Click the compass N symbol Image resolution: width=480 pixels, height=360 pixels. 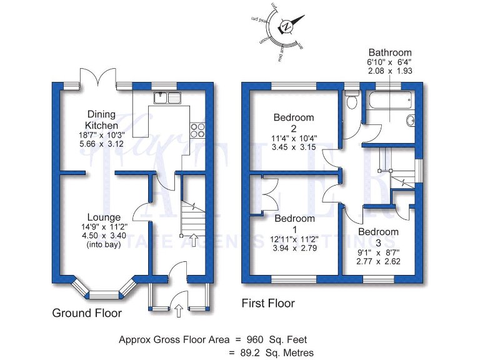click(286, 27)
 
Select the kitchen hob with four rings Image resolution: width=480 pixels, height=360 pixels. click(197, 129)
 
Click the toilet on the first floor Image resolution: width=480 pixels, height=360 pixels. click(352, 102)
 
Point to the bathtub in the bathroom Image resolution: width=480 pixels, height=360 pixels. click(389, 99)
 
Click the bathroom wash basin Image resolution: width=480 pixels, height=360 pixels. click(411, 121)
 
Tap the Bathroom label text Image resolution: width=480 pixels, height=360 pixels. click(390, 52)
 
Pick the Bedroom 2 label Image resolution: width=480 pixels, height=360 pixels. click(294, 122)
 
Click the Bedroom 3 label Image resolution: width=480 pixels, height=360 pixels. click(378, 237)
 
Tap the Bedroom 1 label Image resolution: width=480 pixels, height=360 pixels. click(294, 224)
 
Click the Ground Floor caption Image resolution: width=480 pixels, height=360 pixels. click(87, 312)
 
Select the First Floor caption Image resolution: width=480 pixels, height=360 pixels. click(268, 304)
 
